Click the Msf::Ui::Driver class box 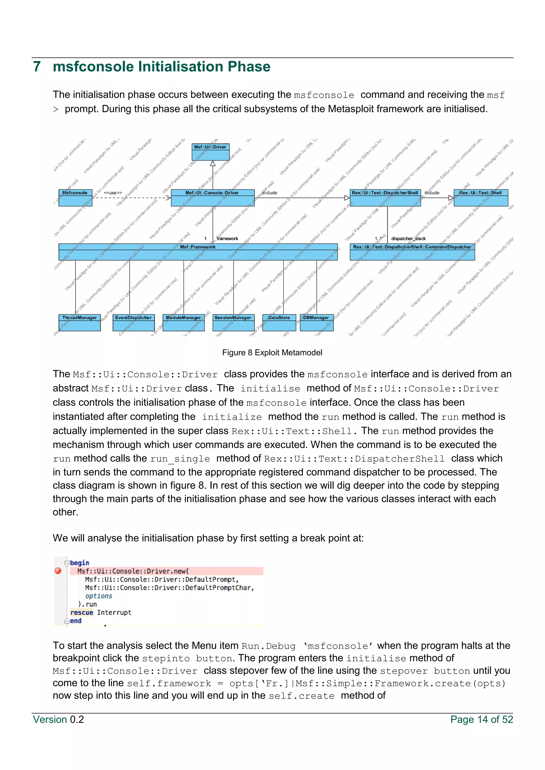(x=210, y=152)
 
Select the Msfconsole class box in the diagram (x=75, y=198)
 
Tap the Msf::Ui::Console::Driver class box (x=212, y=198)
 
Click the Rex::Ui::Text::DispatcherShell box (x=385, y=198)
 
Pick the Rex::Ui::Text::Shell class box (x=481, y=198)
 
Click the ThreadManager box (x=80, y=322)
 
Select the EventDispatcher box (x=134, y=322)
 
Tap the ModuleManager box (x=184, y=322)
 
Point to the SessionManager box (x=233, y=322)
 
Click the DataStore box (x=279, y=322)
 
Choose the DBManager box (x=316, y=322)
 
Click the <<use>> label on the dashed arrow (x=113, y=193)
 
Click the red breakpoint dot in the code (x=58, y=571)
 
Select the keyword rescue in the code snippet (x=81, y=612)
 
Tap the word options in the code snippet (x=99, y=596)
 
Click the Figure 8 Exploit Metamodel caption (x=272, y=353)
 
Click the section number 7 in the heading (x=37, y=67)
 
